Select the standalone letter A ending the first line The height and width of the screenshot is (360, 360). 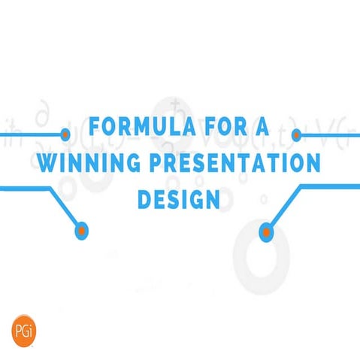(x=260, y=127)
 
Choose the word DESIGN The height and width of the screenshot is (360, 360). (x=179, y=199)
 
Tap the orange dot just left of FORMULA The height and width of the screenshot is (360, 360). (x=65, y=135)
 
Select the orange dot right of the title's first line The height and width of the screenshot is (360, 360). (x=296, y=135)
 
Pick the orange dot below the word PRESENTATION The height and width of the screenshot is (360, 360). (x=265, y=233)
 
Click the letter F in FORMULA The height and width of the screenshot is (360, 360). (x=95, y=127)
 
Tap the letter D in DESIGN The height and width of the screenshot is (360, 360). (x=144, y=199)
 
